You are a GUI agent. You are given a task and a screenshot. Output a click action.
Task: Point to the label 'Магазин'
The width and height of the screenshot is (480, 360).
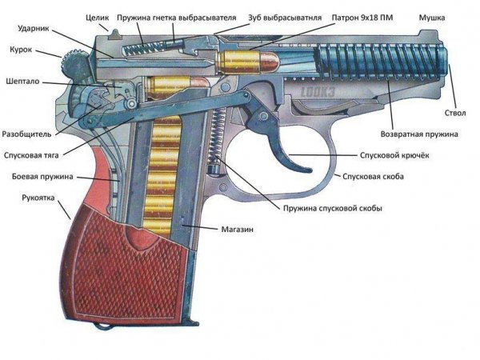click(238, 230)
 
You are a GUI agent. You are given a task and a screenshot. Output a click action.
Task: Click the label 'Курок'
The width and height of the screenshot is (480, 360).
click(20, 49)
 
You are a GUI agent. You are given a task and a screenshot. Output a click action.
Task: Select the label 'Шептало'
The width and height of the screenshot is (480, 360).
click(21, 81)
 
